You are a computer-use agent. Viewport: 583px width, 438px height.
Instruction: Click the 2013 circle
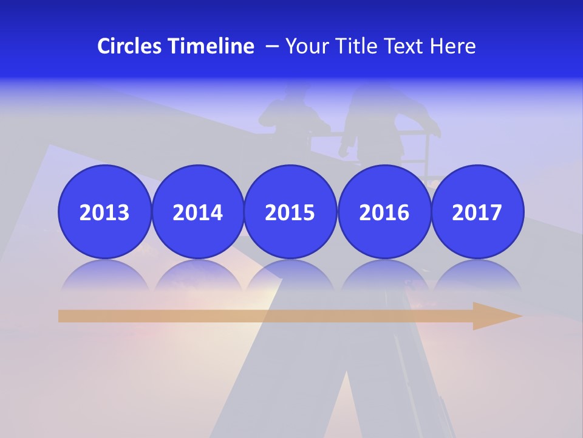(x=104, y=212)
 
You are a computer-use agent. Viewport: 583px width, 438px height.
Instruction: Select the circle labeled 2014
(x=198, y=212)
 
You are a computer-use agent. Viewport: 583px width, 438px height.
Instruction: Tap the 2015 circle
(x=290, y=212)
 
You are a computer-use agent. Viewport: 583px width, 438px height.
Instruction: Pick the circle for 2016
(x=384, y=212)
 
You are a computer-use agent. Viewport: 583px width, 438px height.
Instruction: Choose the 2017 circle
(x=477, y=212)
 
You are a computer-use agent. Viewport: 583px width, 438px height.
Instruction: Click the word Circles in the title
(x=129, y=46)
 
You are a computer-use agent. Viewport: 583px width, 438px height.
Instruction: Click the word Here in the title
(x=453, y=46)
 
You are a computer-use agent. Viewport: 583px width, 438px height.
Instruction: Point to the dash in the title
(x=272, y=47)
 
